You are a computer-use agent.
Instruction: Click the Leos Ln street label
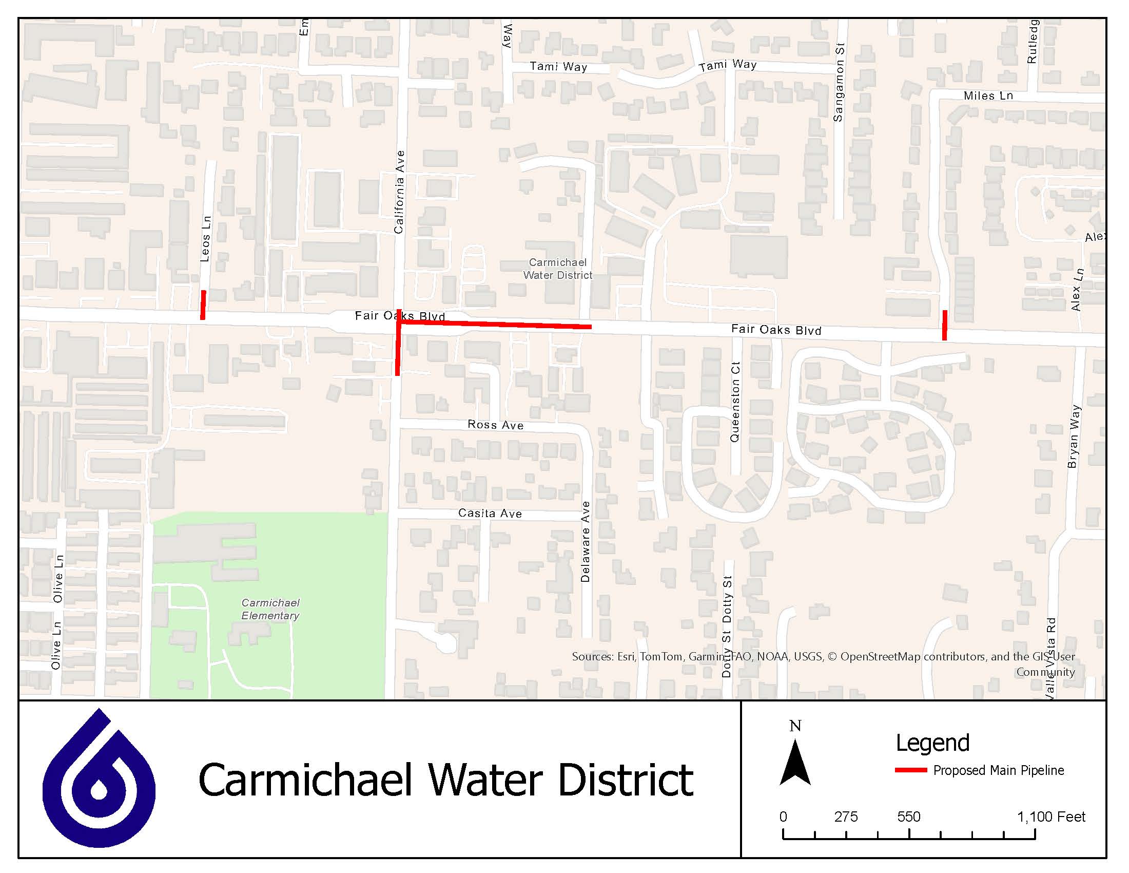click(x=206, y=238)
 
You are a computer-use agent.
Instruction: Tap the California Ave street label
click(x=399, y=192)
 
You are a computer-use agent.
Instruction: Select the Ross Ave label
click(x=495, y=425)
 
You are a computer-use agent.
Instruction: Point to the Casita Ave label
click(x=490, y=513)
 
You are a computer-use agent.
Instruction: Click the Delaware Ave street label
click(x=585, y=541)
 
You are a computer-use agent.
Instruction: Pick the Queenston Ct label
click(x=734, y=402)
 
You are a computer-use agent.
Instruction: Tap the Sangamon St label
click(x=839, y=82)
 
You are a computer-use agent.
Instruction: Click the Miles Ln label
click(x=988, y=96)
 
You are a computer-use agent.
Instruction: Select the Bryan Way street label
click(x=1074, y=436)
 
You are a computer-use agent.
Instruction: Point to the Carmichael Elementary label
click(x=270, y=609)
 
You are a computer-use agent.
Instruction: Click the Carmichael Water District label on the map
click(x=557, y=269)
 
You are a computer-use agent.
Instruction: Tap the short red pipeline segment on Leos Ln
click(x=204, y=305)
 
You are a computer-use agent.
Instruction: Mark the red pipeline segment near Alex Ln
click(x=944, y=325)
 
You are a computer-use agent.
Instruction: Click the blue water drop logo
click(x=99, y=781)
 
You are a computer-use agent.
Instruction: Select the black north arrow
click(x=795, y=763)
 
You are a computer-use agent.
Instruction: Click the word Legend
click(x=932, y=743)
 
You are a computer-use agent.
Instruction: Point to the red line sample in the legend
click(x=911, y=770)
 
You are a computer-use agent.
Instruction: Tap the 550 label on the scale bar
click(x=908, y=817)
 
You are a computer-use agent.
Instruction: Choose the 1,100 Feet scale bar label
click(x=1051, y=817)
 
